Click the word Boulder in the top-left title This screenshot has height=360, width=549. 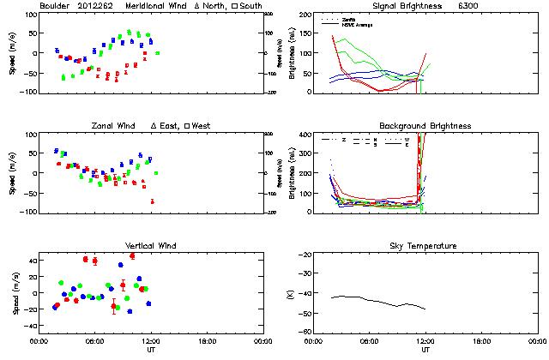click(x=55, y=6)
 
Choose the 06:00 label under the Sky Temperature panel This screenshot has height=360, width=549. click(x=371, y=341)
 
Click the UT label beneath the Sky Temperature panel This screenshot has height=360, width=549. click(x=425, y=351)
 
